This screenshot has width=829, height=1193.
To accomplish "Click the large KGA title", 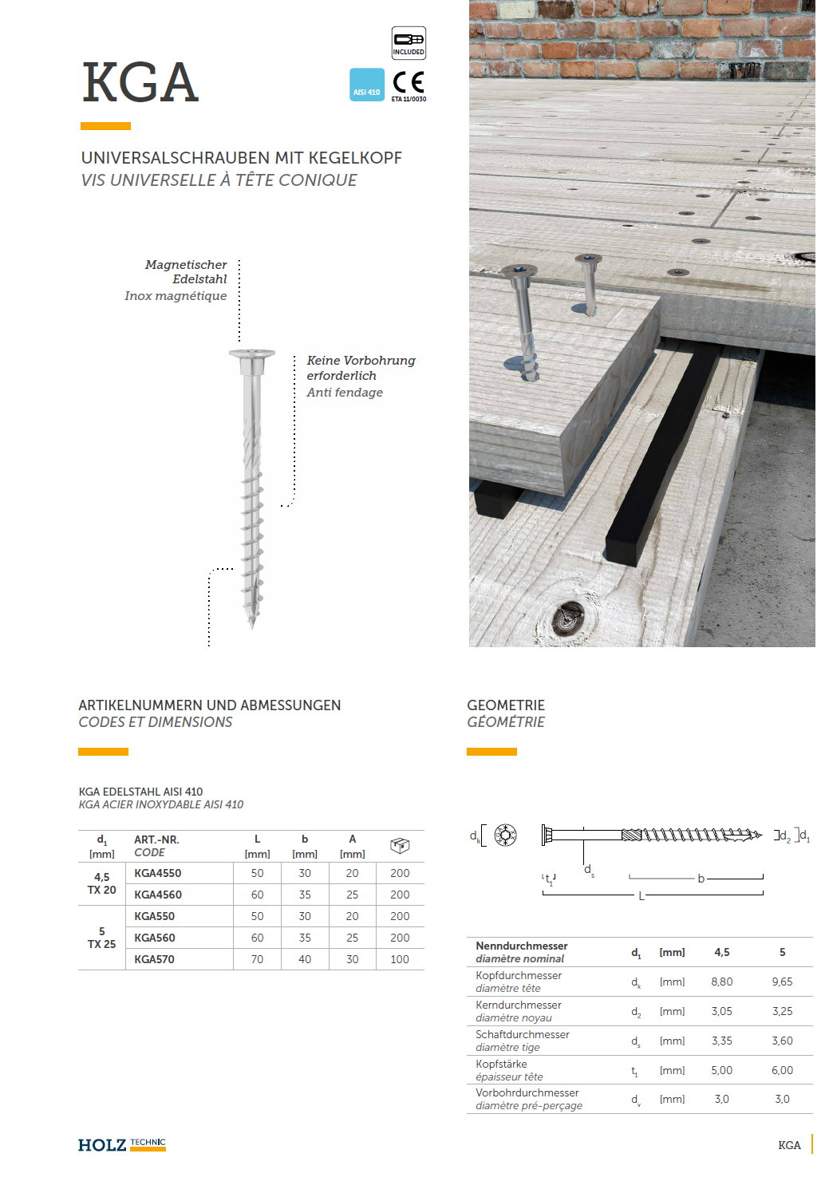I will [140, 82].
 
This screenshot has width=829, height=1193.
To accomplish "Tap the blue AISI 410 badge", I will [367, 85].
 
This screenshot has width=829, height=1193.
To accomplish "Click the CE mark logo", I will [409, 83].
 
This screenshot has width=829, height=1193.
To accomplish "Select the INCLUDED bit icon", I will [409, 42].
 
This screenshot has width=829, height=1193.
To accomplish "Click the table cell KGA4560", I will [158, 895].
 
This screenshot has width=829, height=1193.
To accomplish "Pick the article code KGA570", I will [154, 959].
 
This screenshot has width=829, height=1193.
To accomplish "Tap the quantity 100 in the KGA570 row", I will [400, 959].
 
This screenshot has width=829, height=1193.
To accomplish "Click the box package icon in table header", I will [400, 846].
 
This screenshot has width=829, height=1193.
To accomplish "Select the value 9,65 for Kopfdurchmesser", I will [782, 982].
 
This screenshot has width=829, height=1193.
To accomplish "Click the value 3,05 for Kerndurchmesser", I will [721, 1011].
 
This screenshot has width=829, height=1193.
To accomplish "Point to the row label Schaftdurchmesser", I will [523, 1034].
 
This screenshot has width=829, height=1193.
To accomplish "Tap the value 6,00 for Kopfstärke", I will [782, 1070].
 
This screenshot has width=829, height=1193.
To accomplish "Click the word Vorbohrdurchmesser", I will [527, 1092].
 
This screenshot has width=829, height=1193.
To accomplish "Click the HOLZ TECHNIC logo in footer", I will [121, 1145].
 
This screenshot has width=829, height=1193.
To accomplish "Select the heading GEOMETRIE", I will [506, 705].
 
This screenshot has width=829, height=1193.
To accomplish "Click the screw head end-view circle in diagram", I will [505, 835].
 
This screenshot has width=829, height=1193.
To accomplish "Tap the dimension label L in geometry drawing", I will [641, 896].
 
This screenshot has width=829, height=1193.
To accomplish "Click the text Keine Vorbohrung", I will [361, 361].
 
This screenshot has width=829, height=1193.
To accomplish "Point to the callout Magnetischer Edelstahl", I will [187, 271].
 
